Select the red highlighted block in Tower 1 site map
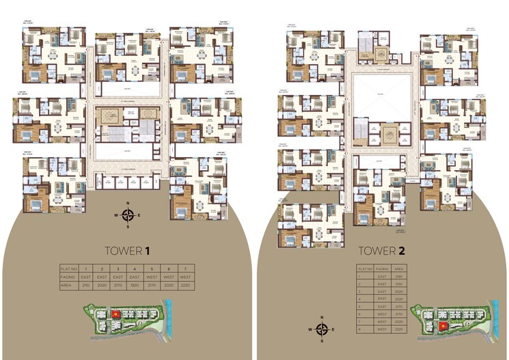115,314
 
